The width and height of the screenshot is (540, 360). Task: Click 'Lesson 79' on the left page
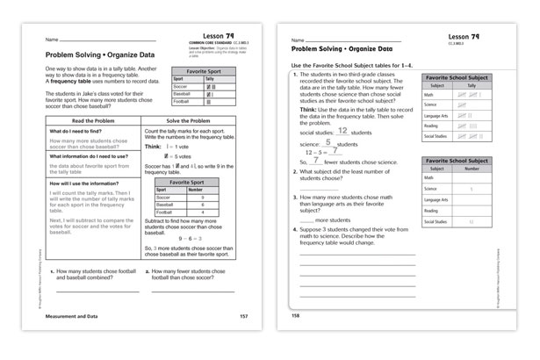pyautogui.click(x=220, y=32)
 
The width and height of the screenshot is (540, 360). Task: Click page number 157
pyautogui.click(x=244, y=314)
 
